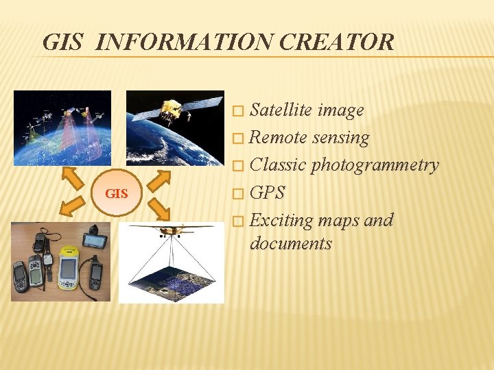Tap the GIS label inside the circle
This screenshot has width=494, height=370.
point(117,194)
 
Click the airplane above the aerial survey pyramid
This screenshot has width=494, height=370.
point(171,229)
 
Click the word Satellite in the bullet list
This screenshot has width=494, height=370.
point(278,110)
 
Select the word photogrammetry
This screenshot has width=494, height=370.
point(375,165)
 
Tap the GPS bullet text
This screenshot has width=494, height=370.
point(267,193)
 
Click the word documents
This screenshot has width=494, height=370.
point(291,243)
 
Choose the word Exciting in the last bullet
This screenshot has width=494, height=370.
point(279,221)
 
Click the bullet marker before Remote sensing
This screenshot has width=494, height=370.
point(238,138)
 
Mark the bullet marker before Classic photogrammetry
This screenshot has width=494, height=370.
point(238,166)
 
